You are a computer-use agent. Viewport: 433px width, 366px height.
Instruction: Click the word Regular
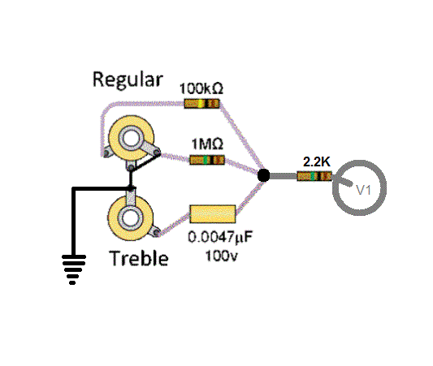point(128,80)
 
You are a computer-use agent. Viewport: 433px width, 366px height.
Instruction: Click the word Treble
point(139,258)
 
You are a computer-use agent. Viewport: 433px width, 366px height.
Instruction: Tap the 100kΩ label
point(201,88)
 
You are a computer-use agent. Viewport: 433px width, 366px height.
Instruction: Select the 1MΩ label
point(207,144)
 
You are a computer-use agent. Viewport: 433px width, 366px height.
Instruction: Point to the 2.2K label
point(317,162)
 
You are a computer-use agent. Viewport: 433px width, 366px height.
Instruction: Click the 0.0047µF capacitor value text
point(220,237)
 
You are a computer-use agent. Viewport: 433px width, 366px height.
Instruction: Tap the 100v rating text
point(221,256)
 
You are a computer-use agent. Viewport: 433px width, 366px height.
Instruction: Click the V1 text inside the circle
point(363,190)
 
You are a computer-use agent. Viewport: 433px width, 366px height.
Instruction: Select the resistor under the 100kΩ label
point(201,104)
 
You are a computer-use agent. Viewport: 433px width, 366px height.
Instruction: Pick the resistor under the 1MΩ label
point(207,160)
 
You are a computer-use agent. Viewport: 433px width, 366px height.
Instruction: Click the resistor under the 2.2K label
point(314,176)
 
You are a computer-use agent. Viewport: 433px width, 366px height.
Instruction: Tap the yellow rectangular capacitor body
point(213,214)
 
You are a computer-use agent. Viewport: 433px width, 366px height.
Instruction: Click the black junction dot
point(264,175)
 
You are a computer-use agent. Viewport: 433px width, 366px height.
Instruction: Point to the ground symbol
point(74,269)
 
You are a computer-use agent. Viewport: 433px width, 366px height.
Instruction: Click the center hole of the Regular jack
point(131,139)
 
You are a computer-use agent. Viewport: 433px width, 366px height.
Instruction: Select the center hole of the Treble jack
point(131,218)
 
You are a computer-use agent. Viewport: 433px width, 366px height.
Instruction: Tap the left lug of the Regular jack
point(106,153)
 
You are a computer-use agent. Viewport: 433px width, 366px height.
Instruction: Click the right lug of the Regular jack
point(156,152)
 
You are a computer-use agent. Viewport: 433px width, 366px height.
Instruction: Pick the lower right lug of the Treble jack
point(156,233)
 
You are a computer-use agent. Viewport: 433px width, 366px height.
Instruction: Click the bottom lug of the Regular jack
point(131,166)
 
